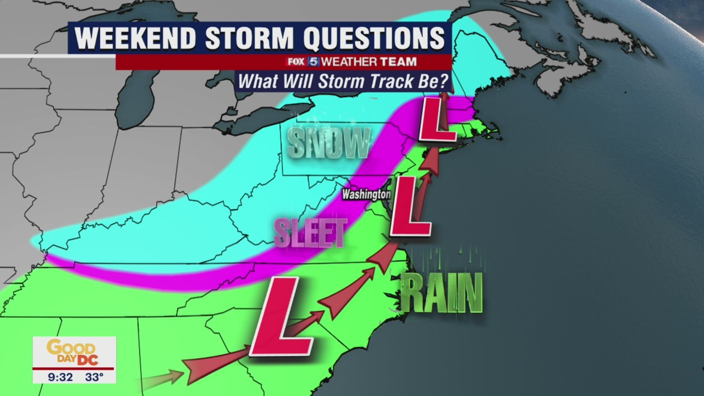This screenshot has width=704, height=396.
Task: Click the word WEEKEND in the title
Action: (135, 38)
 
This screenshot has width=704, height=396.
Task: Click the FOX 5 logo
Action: (302, 62)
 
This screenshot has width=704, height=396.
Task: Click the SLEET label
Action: (311, 233)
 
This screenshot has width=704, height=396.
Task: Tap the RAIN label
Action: (441, 293)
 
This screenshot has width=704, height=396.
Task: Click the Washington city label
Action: (366, 194)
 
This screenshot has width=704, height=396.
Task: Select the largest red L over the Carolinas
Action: (282, 316)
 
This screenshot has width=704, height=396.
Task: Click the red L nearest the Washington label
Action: (409, 207)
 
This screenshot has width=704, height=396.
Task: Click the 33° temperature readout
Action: (94, 377)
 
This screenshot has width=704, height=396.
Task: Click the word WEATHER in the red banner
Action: (348, 62)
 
